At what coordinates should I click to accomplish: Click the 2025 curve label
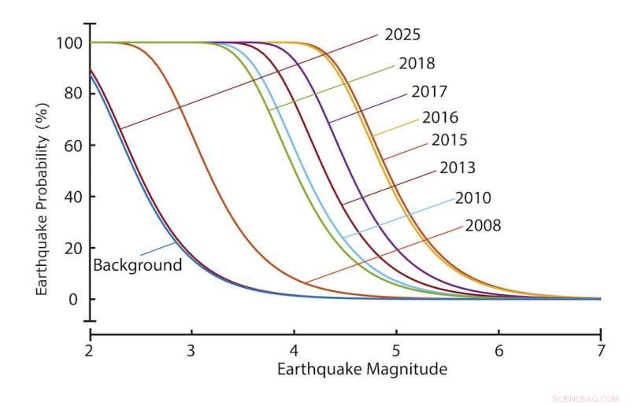(x=403, y=35)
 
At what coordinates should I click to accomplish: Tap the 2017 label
(x=429, y=92)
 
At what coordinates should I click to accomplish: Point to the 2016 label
(x=440, y=118)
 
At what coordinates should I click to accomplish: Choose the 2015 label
(x=450, y=140)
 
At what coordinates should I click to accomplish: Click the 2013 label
(x=458, y=168)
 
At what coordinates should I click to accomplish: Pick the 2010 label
(x=473, y=198)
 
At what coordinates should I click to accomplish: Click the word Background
(x=137, y=265)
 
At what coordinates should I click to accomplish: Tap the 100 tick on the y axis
(x=69, y=42)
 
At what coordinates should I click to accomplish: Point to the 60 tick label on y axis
(x=73, y=146)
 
